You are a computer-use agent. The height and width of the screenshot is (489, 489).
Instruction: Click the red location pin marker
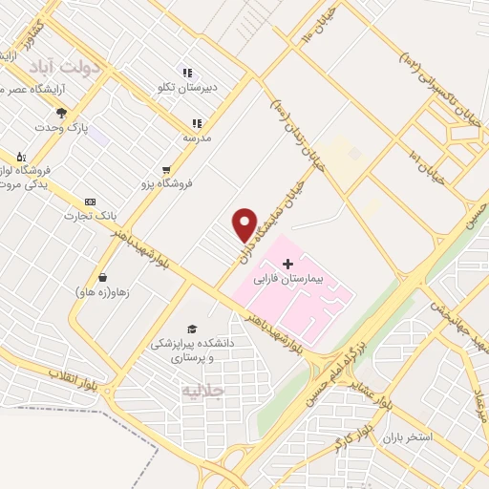coord(244,223)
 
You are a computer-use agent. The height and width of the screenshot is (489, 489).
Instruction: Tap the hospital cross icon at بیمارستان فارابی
coord(288,263)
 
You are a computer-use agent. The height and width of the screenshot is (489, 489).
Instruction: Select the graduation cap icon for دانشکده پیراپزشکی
coord(193,329)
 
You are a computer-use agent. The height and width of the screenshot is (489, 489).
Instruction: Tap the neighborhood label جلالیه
coord(203,391)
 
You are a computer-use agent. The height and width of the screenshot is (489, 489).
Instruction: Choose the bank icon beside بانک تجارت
coord(90,202)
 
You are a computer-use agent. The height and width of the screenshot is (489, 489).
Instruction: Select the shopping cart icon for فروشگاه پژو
coord(167,170)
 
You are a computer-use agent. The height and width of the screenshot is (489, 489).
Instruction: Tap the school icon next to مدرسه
coord(197,123)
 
